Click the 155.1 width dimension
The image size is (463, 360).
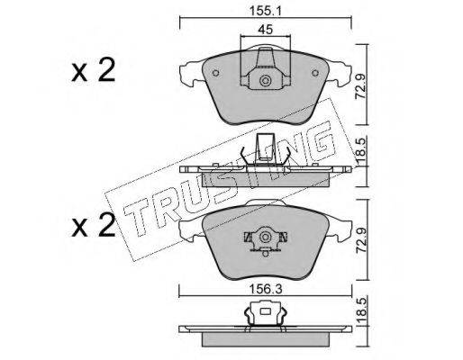(265, 11)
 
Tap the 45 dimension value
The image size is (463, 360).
(266, 30)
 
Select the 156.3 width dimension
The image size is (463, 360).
(266, 289)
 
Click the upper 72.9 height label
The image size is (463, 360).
(361, 87)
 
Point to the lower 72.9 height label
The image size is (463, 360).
(361, 239)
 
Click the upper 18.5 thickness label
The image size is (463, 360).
(361, 152)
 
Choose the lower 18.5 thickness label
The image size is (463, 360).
(361, 311)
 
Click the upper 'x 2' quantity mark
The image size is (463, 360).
(94, 70)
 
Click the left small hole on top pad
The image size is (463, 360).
(215, 73)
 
